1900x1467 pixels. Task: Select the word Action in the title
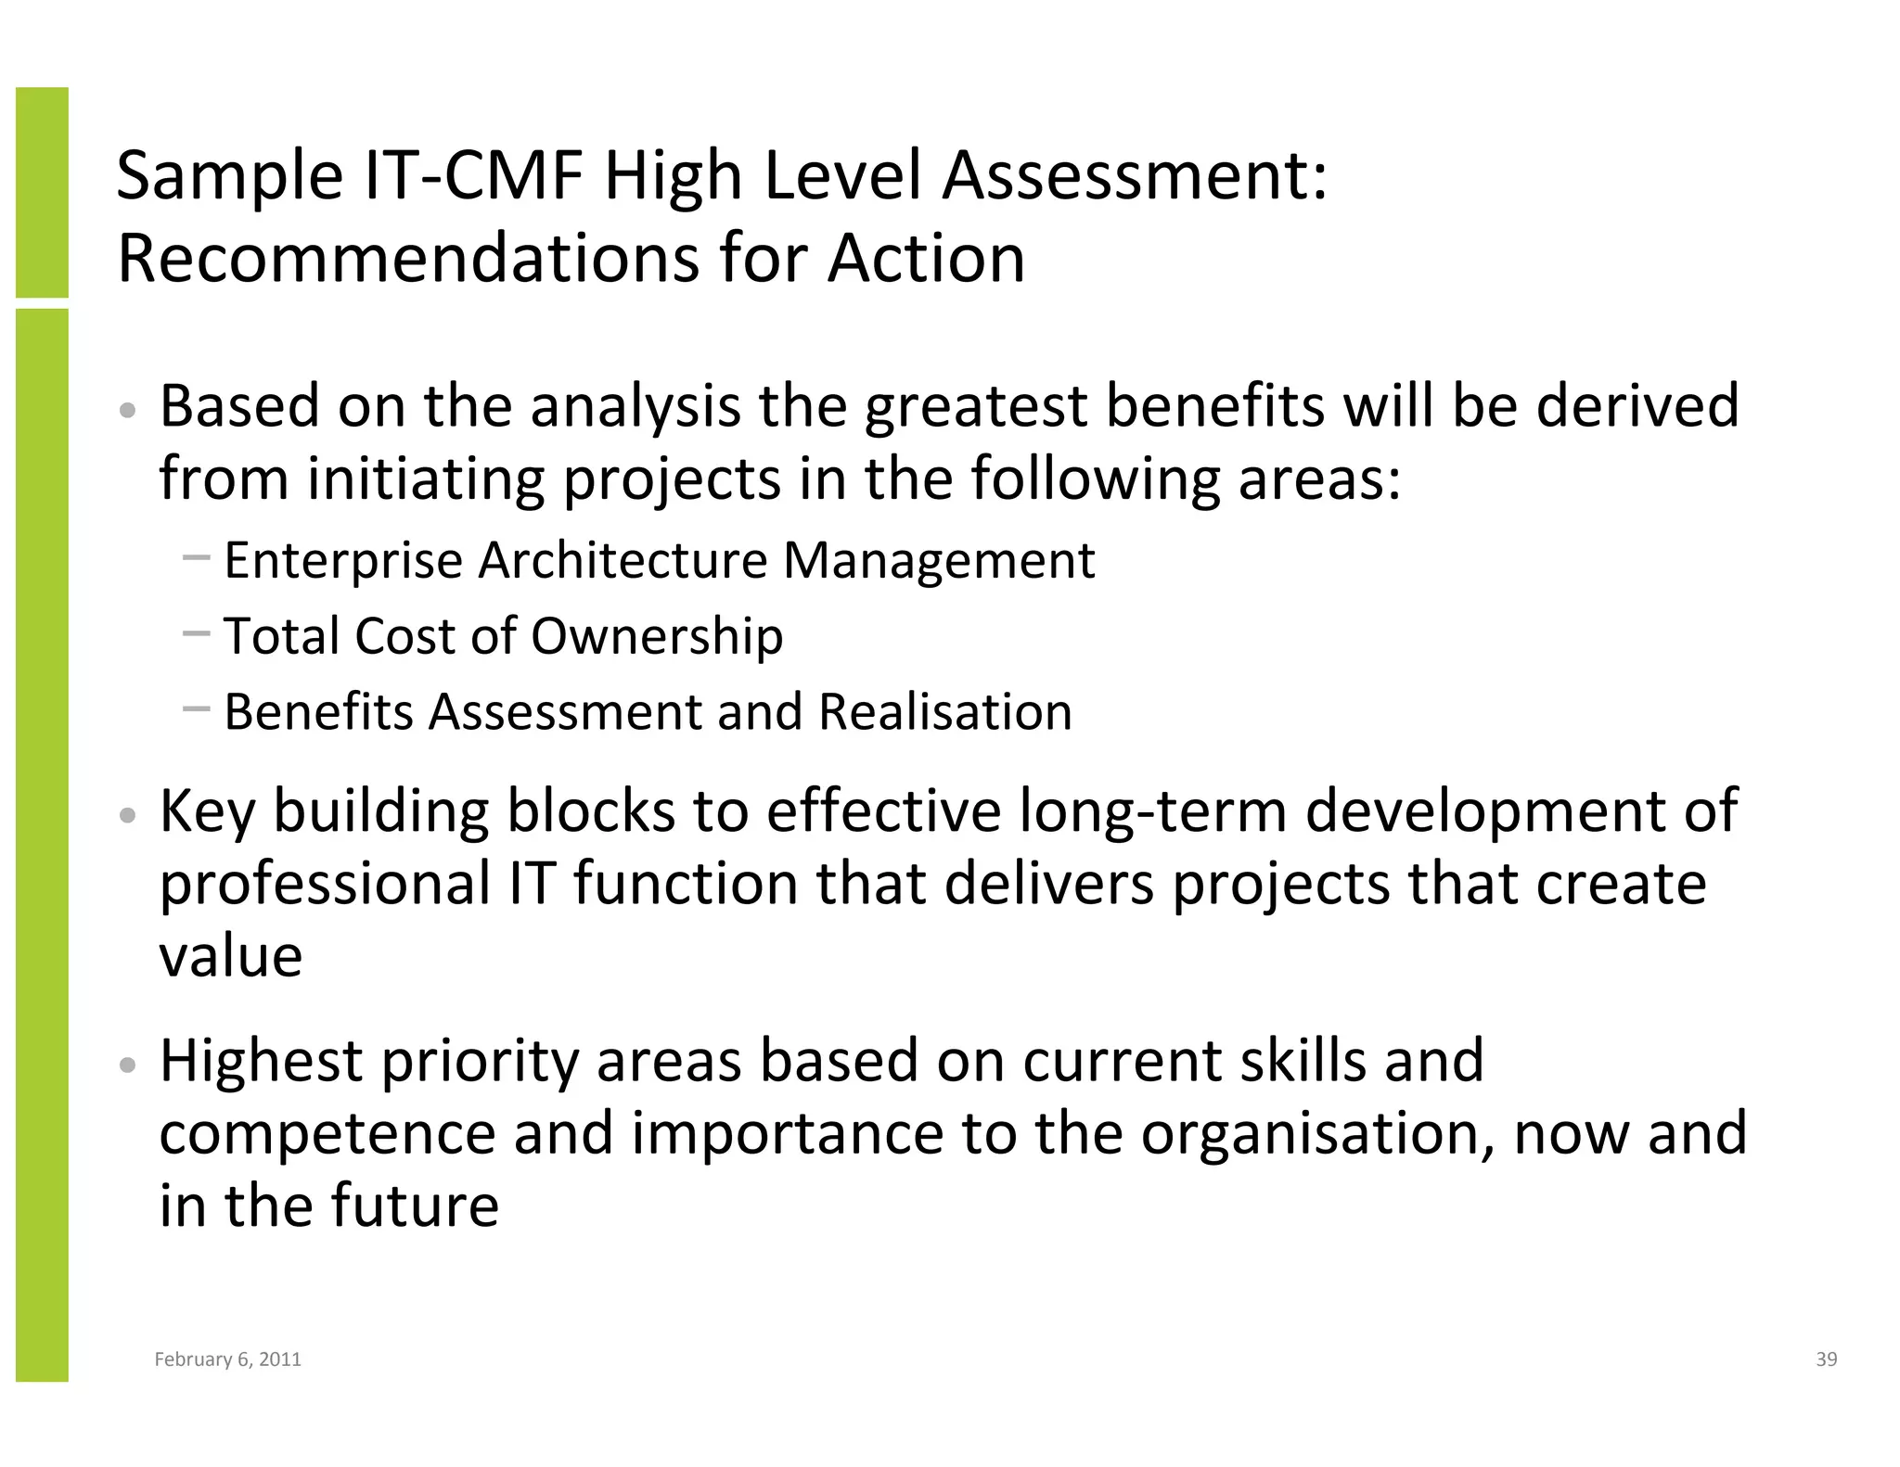coord(926,258)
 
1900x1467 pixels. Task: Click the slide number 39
coord(1826,1359)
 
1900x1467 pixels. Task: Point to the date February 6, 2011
coord(227,1359)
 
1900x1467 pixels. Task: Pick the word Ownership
coord(657,636)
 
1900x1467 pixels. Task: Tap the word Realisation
coord(944,712)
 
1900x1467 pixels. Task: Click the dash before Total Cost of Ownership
coord(197,634)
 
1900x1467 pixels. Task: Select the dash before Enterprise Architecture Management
coord(197,558)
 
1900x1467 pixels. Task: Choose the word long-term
coord(1152,810)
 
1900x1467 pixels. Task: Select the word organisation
coord(1316,1133)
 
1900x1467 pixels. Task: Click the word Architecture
coord(622,561)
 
